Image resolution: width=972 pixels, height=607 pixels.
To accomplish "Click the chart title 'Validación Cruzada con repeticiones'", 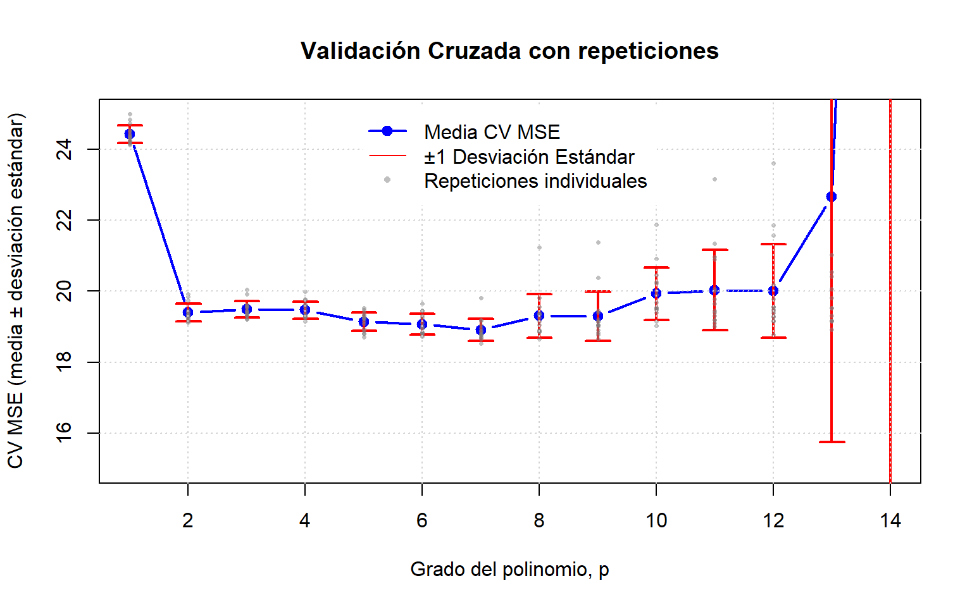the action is click(x=509, y=51).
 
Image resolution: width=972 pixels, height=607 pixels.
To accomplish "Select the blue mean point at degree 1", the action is click(x=129, y=134).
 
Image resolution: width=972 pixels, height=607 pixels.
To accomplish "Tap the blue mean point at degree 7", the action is click(x=480, y=330).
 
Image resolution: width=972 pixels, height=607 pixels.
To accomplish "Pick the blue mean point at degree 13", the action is click(x=832, y=197).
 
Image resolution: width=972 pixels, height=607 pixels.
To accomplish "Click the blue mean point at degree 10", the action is click(x=656, y=293).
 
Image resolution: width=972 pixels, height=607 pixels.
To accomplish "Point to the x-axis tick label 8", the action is click(x=539, y=520).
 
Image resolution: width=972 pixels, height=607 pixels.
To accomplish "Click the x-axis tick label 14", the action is click(x=890, y=520).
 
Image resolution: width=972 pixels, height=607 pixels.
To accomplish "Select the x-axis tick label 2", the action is click(x=187, y=520).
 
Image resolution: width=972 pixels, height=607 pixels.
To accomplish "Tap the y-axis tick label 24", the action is click(x=64, y=149).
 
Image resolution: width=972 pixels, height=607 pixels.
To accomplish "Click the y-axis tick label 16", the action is click(x=64, y=432).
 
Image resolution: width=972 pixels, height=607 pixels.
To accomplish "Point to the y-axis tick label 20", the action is click(x=64, y=291).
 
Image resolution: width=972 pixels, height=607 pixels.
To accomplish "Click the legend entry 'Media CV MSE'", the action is click(x=464, y=132).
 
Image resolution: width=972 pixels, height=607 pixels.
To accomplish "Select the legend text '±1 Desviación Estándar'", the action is click(x=529, y=157).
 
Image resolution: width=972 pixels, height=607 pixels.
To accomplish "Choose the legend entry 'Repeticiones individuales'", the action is click(x=516, y=181).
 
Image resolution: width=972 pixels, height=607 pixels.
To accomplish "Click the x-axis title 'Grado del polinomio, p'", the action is click(x=509, y=570).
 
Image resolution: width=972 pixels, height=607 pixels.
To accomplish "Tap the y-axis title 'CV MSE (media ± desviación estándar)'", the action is click(x=16, y=291).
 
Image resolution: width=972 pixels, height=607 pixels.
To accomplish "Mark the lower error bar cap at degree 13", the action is click(x=832, y=442).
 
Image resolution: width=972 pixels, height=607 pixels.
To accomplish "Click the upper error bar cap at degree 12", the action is click(x=773, y=244).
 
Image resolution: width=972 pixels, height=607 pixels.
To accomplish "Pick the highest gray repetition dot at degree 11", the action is click(x=714, y=179).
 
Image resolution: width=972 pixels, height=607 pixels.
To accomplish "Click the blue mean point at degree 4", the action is click(x=305, y=310).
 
